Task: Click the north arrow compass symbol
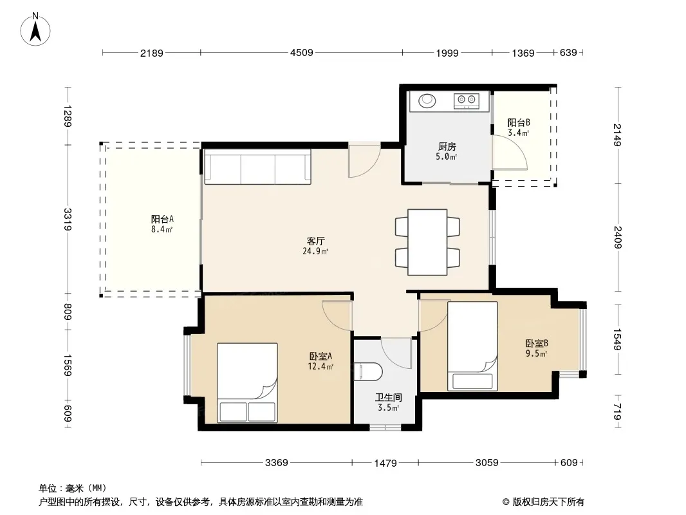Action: [x=35, y=30]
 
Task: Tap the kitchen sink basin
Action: [x=427, y=100]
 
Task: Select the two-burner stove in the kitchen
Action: [x=466, y=101]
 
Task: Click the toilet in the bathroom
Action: [x=368, y=371]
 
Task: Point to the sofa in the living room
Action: [x=257, y=167]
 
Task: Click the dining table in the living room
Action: [x=427, y=243]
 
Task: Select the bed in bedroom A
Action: [x=248, y=383]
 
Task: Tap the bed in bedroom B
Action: [x=472, y=346]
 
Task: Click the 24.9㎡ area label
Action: [x=315, y=251]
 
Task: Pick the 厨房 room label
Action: [x=447, y=147]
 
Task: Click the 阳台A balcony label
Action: [x=162, y=220]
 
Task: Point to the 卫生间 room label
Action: [x=389, y=398]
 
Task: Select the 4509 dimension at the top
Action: [x=301, y=53]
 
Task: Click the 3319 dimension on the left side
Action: [x=68, y=220]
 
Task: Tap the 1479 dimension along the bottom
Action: [x=385, y=463]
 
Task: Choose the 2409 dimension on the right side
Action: [x=618, y=237]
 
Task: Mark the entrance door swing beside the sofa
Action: [x=364, y=160]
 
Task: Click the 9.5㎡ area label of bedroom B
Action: [x=536, y=353]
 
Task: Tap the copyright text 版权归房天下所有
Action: [x=548, y=502]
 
